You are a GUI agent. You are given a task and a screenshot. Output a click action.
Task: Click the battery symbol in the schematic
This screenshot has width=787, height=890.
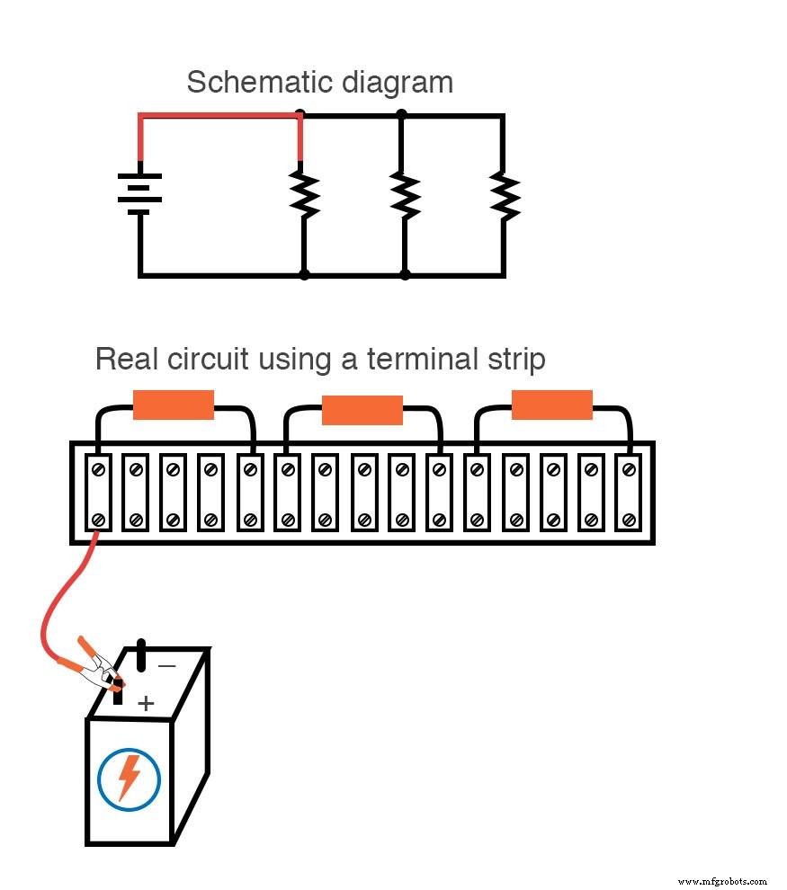coord(139,193)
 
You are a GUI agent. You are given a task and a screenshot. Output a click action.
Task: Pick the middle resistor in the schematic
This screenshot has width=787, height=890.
coord(405,195)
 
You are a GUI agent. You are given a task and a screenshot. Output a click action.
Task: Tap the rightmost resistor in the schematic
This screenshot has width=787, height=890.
coord(505,195)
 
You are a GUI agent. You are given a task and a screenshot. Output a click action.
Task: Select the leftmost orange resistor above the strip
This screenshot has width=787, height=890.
coord(174,405)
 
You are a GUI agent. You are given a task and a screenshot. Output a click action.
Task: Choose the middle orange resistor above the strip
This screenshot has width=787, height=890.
coord(362,410)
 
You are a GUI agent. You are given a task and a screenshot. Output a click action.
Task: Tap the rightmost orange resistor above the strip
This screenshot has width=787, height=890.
coord(551,405)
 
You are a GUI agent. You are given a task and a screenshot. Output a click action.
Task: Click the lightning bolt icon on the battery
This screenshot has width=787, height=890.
coord(130,777)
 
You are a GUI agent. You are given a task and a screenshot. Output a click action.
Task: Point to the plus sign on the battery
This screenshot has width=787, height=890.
coord(146,702)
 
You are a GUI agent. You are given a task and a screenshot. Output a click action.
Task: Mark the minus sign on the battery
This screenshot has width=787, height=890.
coord(167,666)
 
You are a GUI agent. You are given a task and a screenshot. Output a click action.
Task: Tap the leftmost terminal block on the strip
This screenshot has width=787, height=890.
coord(97,494)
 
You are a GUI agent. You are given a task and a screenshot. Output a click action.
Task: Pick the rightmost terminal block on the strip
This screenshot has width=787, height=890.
coord(628,494)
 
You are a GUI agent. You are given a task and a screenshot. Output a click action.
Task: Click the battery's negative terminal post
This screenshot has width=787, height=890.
coord(140,655)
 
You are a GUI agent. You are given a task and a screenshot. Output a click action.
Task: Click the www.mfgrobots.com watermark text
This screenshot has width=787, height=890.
coord(722,882)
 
